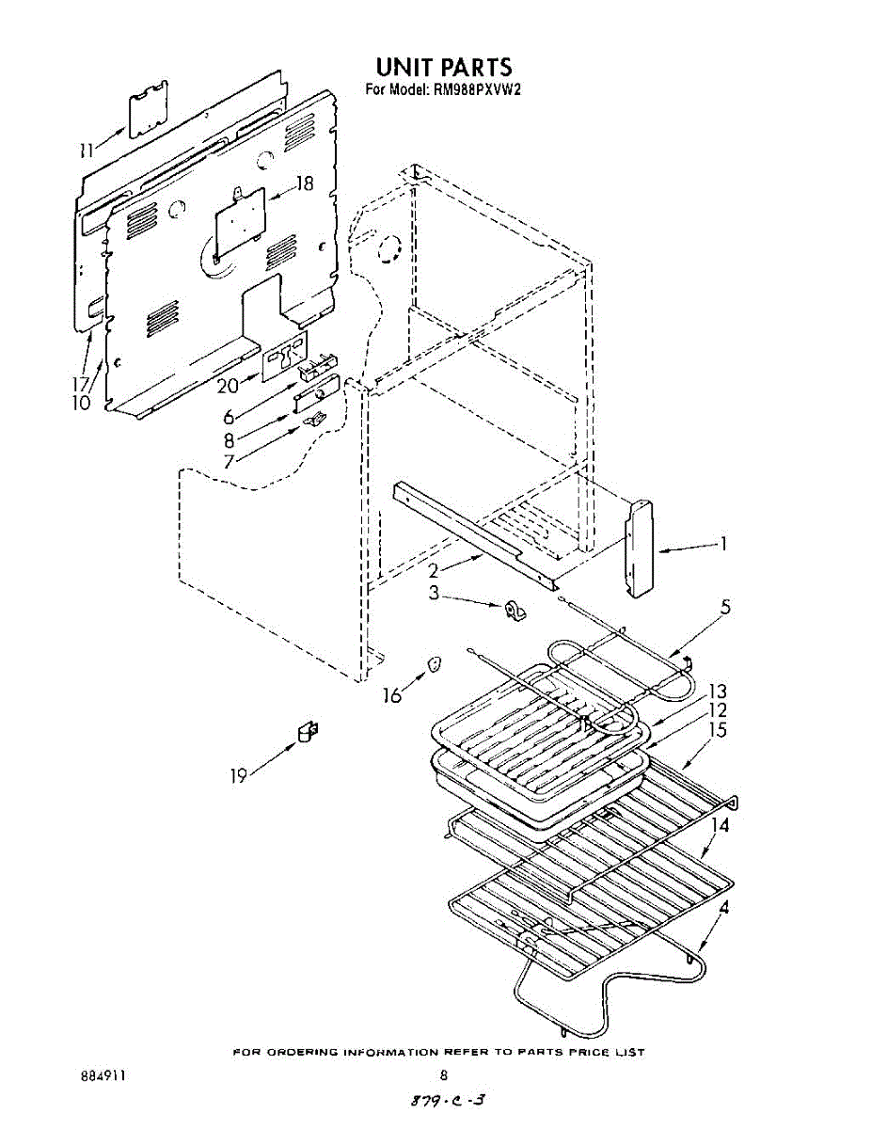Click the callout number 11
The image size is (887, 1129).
[87, 149]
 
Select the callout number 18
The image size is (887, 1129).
[303, 184]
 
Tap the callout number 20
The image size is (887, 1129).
[229, 384]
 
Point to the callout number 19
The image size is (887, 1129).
[238, 775]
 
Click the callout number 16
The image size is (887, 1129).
[392, 695]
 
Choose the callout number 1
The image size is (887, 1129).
[722, 543]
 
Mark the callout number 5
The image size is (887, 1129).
[725, 607]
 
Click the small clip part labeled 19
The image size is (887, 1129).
[307, 731]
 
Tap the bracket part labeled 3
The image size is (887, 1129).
[514, 612]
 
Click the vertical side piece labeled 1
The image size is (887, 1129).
[641, 548]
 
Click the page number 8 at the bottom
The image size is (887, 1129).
[443, 1075]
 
